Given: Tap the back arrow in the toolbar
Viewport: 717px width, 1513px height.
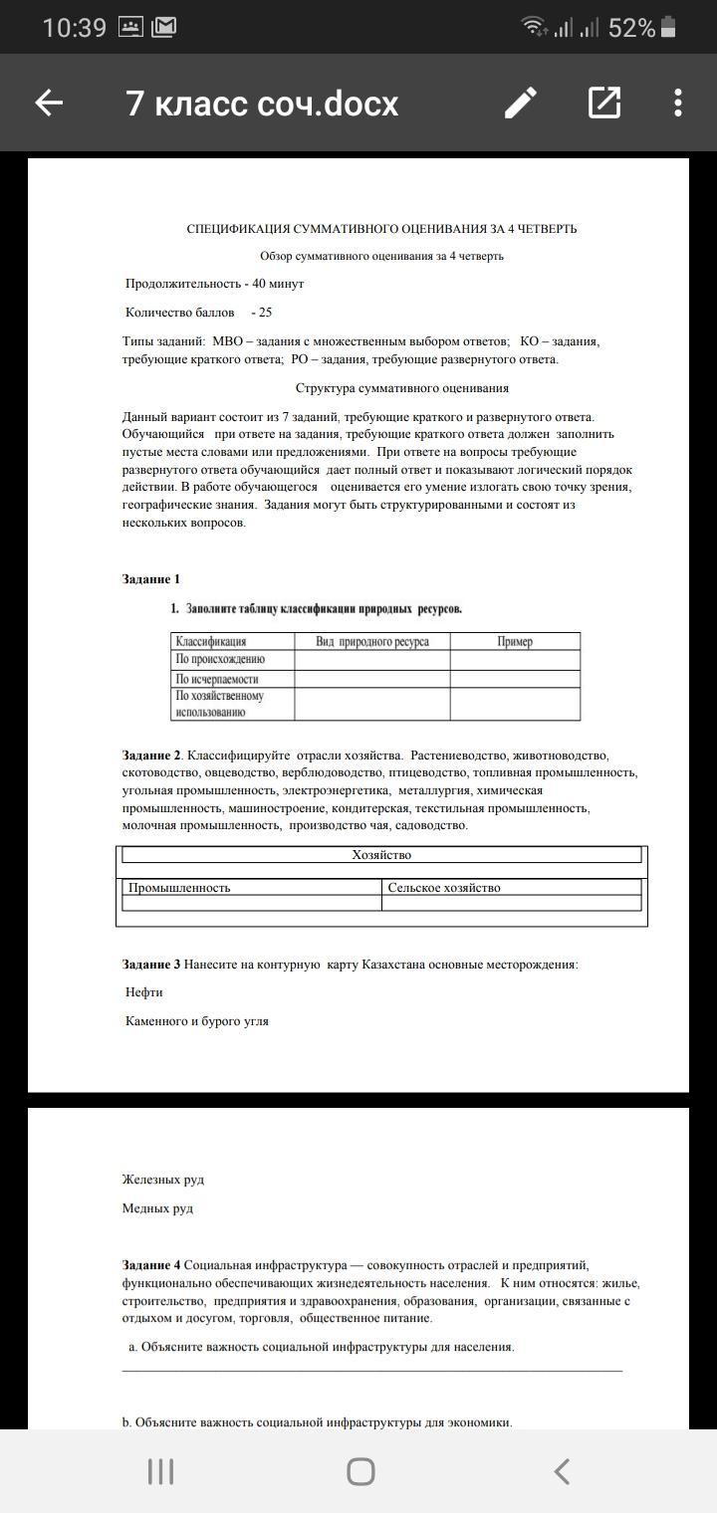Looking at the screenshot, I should tap(49, 103).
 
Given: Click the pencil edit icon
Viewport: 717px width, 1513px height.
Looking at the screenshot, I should tap(520, 103).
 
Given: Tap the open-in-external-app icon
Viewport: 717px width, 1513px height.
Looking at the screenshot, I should tap(604, 103).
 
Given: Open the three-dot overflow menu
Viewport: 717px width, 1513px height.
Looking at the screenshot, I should tap(678, 103).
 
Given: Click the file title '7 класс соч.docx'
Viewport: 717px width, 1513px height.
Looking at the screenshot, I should tap(262, 104).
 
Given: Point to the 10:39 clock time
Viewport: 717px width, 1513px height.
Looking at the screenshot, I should tap(74, 28).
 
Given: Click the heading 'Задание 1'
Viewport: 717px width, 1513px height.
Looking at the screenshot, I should tap(151, 579).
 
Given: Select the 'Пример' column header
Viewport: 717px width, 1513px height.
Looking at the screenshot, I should tap(515, 642).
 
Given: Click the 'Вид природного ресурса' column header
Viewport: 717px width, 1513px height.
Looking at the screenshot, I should tap(371, 642).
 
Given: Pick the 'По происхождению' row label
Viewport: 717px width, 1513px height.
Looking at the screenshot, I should tap(220, 660).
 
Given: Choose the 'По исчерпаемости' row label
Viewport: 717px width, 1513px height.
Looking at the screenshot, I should tap(217, 679).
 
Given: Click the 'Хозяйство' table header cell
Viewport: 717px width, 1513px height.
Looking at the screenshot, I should tap(381, 855).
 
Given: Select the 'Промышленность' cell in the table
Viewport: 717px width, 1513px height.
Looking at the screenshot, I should tap(179, 888).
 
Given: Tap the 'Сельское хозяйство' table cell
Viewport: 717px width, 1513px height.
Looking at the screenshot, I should tap(444, 888).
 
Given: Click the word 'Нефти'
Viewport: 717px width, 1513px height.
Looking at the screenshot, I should tap(144, 992).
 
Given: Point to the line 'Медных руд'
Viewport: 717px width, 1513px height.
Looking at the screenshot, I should tap(157, 1208).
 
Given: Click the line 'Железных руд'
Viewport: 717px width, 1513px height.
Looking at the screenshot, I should tap(163, 1180).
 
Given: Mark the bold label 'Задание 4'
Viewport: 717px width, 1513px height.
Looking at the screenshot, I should tap(151, 1265).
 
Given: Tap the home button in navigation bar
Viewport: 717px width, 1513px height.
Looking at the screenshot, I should tap(360, 1471).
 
